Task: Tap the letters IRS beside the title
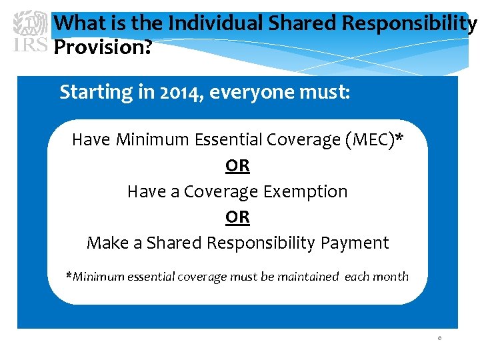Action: [30, 45]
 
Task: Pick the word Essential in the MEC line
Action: [229, 139]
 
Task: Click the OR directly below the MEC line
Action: [237, 165]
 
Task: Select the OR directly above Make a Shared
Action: [237, 217]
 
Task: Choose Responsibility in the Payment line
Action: [260, 243]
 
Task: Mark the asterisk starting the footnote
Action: [69, 275]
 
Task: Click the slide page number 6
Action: [439, 339]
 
